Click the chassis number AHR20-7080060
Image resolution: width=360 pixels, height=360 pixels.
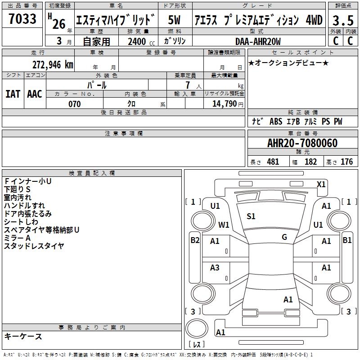coord(302,143)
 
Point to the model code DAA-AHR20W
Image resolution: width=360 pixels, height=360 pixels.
coord(258,41)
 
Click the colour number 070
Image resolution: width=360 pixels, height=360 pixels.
coord(75,104)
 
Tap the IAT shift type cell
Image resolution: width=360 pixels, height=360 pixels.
coord(13,94)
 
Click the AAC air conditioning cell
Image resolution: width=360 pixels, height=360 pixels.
coord(35,94)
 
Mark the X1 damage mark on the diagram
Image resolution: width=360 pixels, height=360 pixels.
coord(321,184)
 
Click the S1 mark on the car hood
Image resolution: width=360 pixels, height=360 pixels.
coord(251,216)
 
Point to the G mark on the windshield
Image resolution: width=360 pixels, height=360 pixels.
coord(284,237)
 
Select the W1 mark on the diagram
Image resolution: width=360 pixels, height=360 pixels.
coord(224,225)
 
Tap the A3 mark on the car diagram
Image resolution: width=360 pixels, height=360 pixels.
coord(215,268)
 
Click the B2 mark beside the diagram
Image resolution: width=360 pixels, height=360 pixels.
coord(195,240)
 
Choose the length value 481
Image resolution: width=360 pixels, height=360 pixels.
coord(273,162)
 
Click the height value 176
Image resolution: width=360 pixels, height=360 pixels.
coord(346,162)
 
